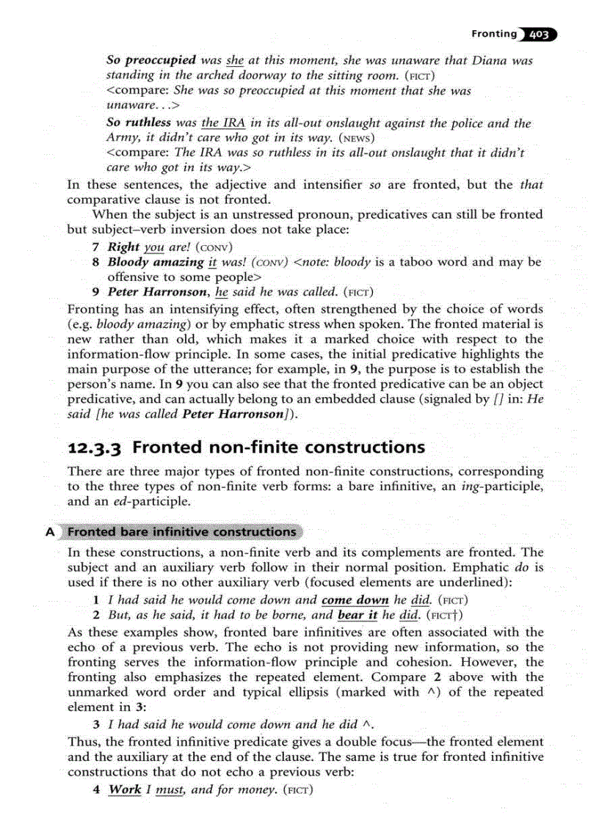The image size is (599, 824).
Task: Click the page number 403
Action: [540, 34]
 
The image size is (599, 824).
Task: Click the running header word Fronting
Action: [493, 34]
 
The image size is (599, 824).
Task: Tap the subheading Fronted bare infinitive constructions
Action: [182, 532]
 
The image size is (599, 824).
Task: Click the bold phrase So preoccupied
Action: [151, 60]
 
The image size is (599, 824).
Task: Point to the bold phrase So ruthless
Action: [139, 123]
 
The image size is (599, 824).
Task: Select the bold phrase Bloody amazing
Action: [156, 262]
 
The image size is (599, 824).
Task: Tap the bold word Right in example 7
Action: [124, 247]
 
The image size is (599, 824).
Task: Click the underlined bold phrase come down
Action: [356, 599]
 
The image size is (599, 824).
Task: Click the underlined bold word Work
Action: [124, 790]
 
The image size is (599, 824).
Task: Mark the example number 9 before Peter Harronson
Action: [96, 291]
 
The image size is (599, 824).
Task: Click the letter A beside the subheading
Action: [51, 532]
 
